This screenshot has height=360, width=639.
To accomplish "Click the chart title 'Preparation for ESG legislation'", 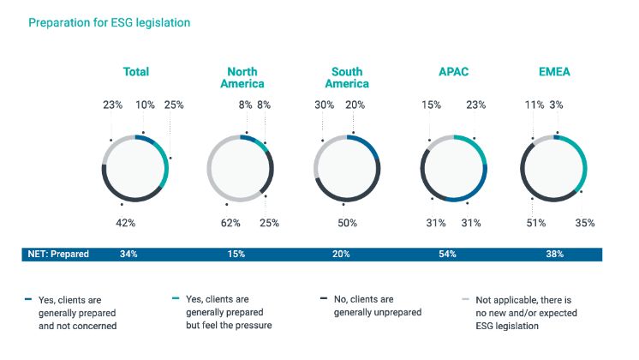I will pos(109,23).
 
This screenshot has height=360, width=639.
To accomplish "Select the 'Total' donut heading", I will pos(135,72).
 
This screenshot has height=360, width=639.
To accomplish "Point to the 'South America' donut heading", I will pos(347,78).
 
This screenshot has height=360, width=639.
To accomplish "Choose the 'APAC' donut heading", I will pos(453,72).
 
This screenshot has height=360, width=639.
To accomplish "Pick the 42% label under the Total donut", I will pos(126,223).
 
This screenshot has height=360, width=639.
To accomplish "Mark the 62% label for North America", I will pos(230,223).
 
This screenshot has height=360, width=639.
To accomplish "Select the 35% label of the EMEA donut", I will pos(585,223).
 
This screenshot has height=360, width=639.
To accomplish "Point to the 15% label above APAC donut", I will pos(431,105).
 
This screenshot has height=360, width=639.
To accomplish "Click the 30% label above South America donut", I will pos(324,105).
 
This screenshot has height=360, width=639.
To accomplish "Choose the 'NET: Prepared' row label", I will pos(58,254).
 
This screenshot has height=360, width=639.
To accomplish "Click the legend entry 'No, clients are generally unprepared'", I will pos(377,306).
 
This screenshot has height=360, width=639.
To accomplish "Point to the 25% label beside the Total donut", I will pos(174,105).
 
